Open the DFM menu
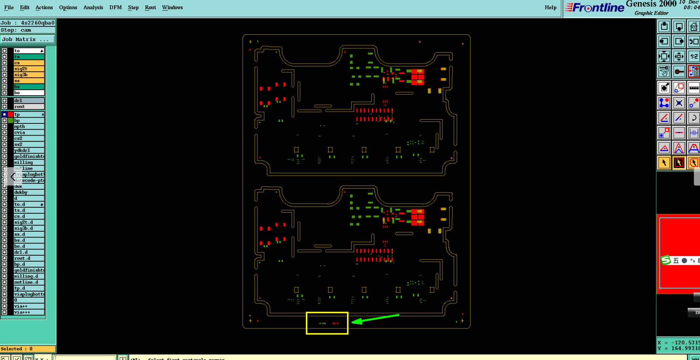(x=115, y=8)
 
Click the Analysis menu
(x=93, y=8)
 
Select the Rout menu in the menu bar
(x=150, y=8)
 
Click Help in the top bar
(x=550, y=8)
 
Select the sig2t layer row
(x=29, y=69)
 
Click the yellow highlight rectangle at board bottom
(x=327, y=313)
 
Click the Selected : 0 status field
(x=28, y=349)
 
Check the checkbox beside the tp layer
(x=5, y=114)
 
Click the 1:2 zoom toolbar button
(x=694, y=56)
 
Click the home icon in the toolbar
(x=694, y=27)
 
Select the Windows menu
(x=172, y=8)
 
